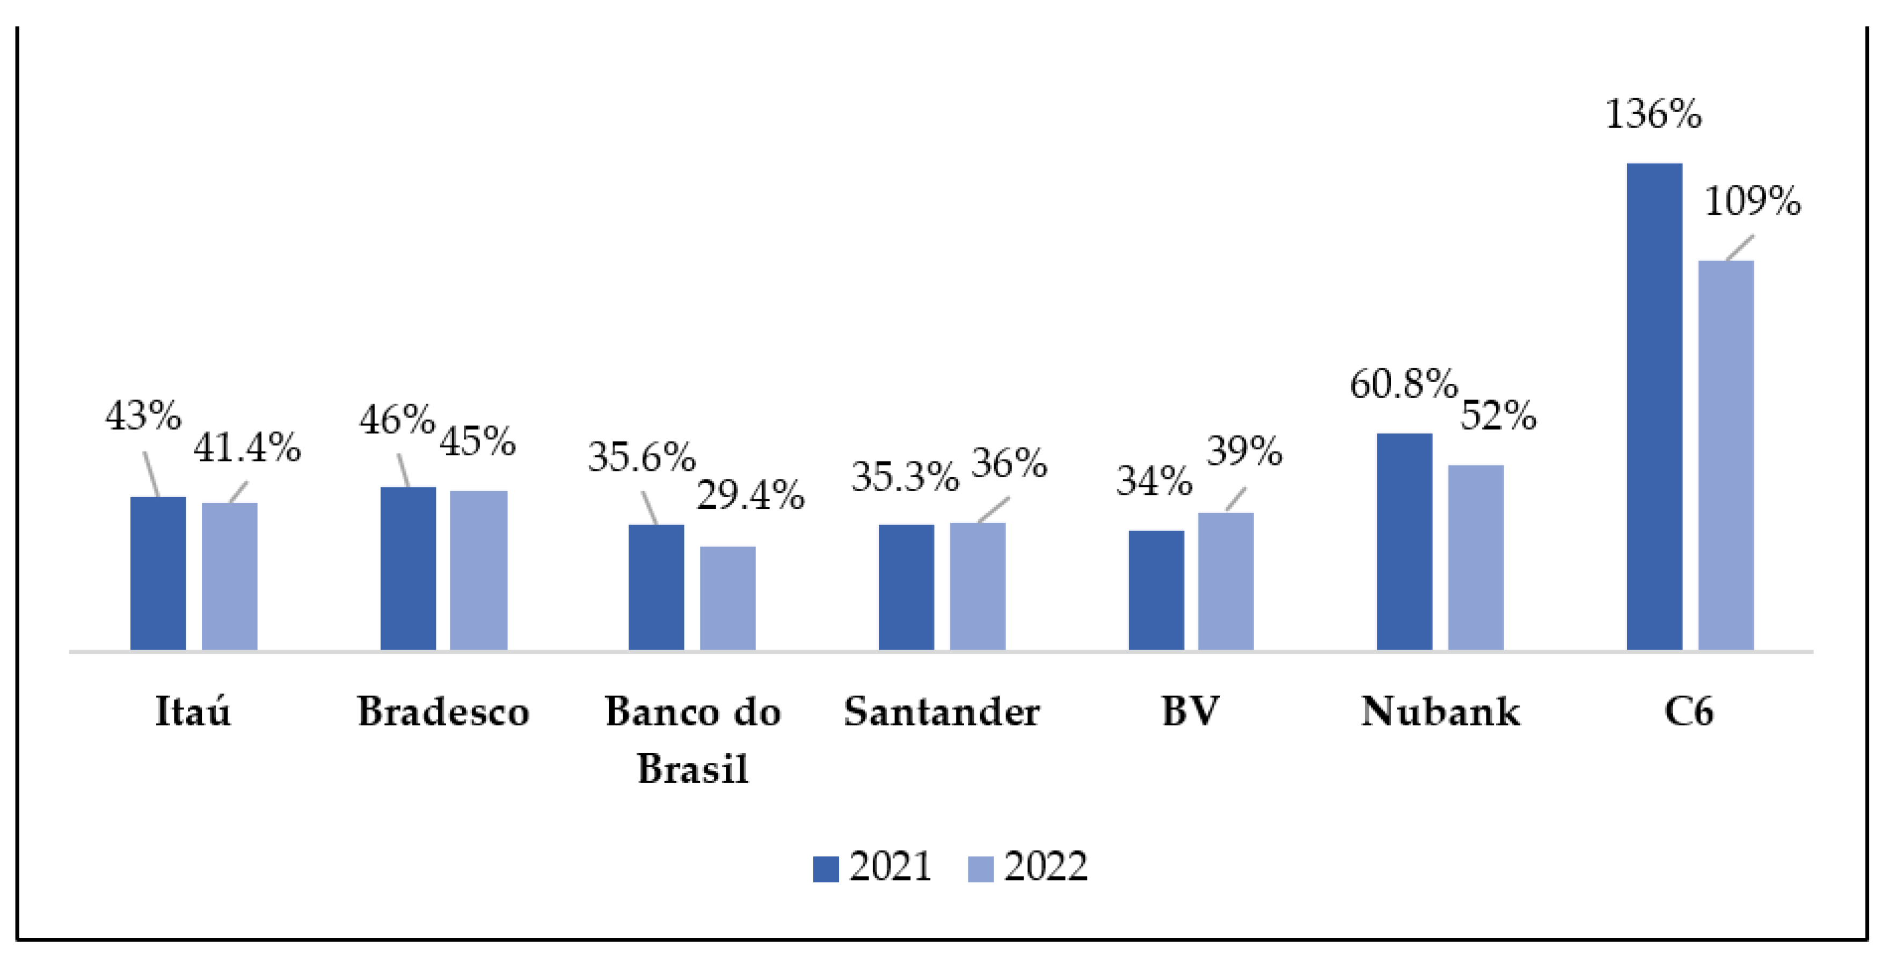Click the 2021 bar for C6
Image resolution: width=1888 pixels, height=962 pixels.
coord(1653,406)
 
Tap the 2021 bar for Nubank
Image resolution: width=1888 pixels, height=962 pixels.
coord(1404,542)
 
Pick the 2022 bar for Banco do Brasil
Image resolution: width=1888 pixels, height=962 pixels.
coord(727,598)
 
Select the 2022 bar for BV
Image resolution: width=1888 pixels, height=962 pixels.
coord(1226,581)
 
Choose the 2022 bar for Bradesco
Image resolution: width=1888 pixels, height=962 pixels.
coord(478,570)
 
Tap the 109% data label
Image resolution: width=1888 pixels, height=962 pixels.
coord(1752,201)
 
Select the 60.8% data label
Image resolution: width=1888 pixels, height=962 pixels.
coord(1403,384)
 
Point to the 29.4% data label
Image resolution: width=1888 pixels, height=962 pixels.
coord(750,495)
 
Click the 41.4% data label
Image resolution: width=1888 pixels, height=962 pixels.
coord(246,447)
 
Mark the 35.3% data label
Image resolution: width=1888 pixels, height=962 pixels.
coord(905,477)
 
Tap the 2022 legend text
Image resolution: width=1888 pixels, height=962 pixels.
coord(1045,868)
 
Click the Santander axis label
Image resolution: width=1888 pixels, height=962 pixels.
coord(941,711)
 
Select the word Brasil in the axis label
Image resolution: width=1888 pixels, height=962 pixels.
coord(692,769)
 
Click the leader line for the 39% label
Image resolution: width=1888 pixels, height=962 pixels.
coord(1235,500)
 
